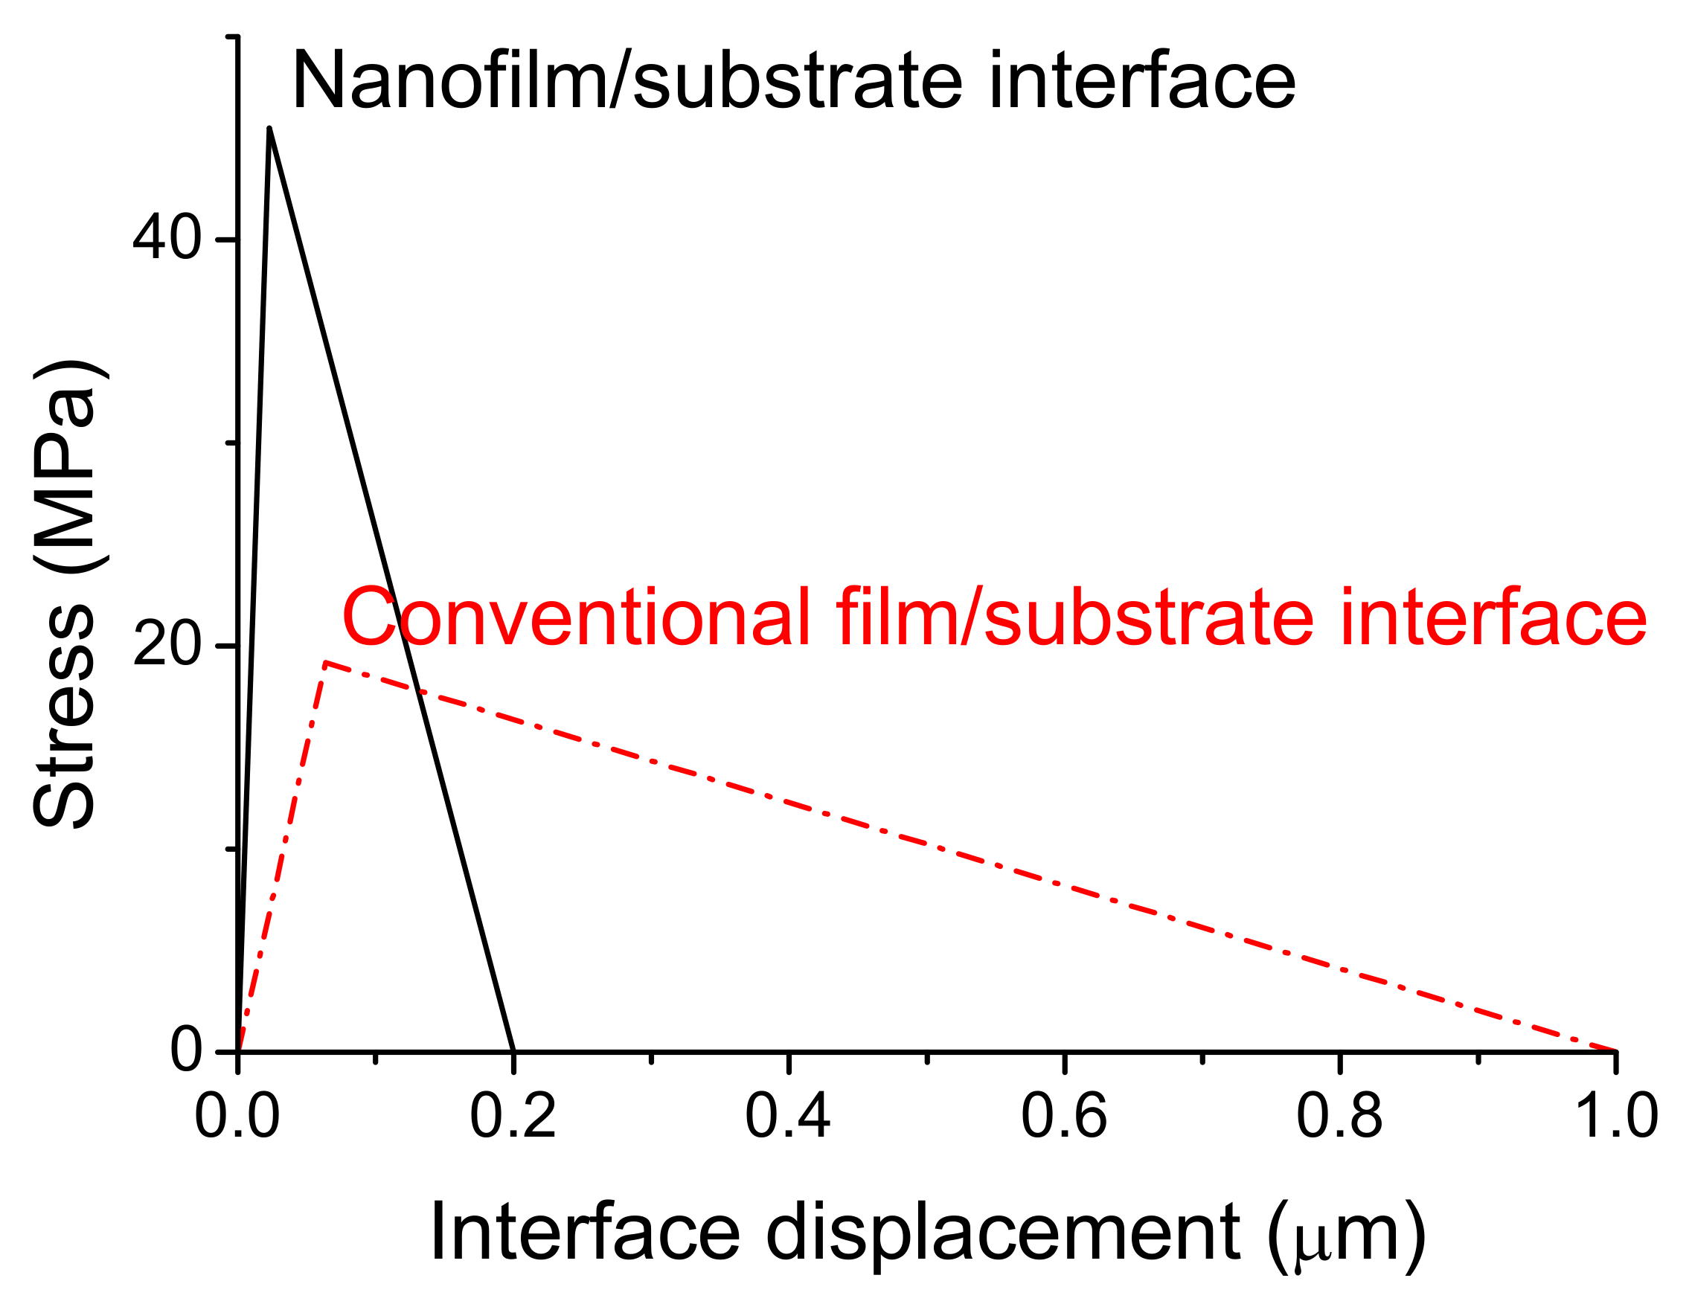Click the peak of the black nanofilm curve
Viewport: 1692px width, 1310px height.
click(x=269, y=128)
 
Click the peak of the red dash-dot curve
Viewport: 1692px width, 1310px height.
click(x=326, y=662)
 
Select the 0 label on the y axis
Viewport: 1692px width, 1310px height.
click(x=186, y=1050)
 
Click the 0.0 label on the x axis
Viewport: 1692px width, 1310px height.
click(x=237, y=1117)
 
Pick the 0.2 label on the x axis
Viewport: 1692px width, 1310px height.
click(x=513, y=1117)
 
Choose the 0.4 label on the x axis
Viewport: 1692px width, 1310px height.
click(x=788, y=1117)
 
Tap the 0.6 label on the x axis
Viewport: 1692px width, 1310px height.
click(x=1064, y=1117)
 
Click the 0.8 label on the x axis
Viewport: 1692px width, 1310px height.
click(x=1339, y=1117)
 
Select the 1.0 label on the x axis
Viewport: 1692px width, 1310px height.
click(x=1616, y=1117)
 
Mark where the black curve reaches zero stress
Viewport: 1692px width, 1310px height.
click(x=513, y=1050)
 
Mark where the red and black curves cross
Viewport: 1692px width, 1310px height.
click(x=419, y=690)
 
